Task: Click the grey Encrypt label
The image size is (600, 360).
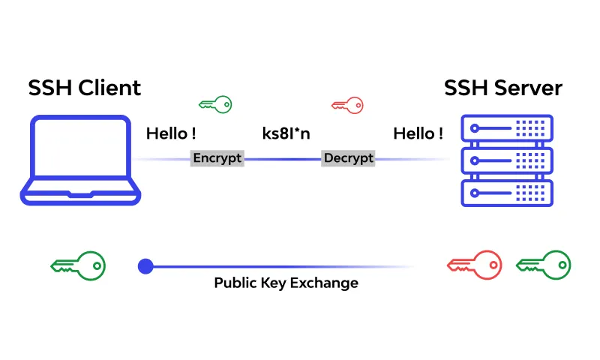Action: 217,158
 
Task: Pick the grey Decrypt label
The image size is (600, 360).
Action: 348,158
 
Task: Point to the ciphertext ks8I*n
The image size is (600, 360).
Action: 286,133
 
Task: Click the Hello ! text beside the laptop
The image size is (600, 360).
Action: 171,133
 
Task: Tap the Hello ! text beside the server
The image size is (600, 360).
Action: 418,133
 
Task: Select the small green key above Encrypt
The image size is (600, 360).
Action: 215,104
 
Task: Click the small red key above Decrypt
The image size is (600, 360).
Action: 347,105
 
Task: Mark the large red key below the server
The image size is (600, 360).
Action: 473,265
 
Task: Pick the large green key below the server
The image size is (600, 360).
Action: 543,265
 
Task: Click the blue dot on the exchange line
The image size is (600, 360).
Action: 145,265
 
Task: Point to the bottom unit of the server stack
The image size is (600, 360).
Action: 506,193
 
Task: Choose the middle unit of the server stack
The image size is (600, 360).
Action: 506,160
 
